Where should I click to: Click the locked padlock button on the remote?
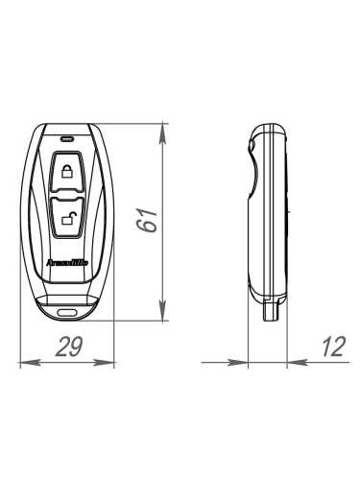[x=66, y=173]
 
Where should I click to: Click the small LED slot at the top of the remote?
[x=66, y=137]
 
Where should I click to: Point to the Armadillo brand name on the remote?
[x=66, y=259]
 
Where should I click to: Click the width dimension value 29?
[x=65, y=348]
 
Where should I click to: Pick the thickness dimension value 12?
[x=331, y=348]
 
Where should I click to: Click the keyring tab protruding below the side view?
[x=270, y=309]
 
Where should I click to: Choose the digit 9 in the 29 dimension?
[x=74, y=348]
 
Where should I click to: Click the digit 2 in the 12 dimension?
[x=337, y=348]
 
